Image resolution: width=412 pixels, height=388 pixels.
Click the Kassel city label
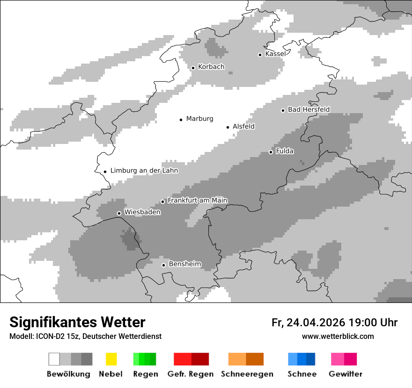(275, 54)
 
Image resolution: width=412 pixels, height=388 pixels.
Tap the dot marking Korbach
(193, 68)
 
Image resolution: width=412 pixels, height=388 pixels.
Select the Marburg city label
(199, 119)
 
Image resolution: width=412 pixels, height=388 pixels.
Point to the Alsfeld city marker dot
(228, 127)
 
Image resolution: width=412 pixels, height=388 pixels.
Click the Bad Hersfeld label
(309, 109)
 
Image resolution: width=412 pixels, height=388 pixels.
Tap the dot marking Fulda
(271, 152)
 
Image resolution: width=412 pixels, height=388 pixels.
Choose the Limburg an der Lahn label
(144, 171)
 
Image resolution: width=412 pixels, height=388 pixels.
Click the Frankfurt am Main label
(198, 201)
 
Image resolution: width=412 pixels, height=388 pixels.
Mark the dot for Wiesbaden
(119, 213)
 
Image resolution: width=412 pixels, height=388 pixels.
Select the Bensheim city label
(185, 264)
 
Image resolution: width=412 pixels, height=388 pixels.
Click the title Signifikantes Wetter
(77, 322)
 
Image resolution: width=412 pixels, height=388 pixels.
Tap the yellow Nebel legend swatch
(111, 359)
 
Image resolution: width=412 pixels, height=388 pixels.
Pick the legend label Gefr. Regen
(191, 374)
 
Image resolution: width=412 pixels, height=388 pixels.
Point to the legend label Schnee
(302, 374)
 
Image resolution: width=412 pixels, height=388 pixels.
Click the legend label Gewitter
(346, 374)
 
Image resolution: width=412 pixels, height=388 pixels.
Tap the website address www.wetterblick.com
(338, 336)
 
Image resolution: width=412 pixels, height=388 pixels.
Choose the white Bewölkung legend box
(54, 359)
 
